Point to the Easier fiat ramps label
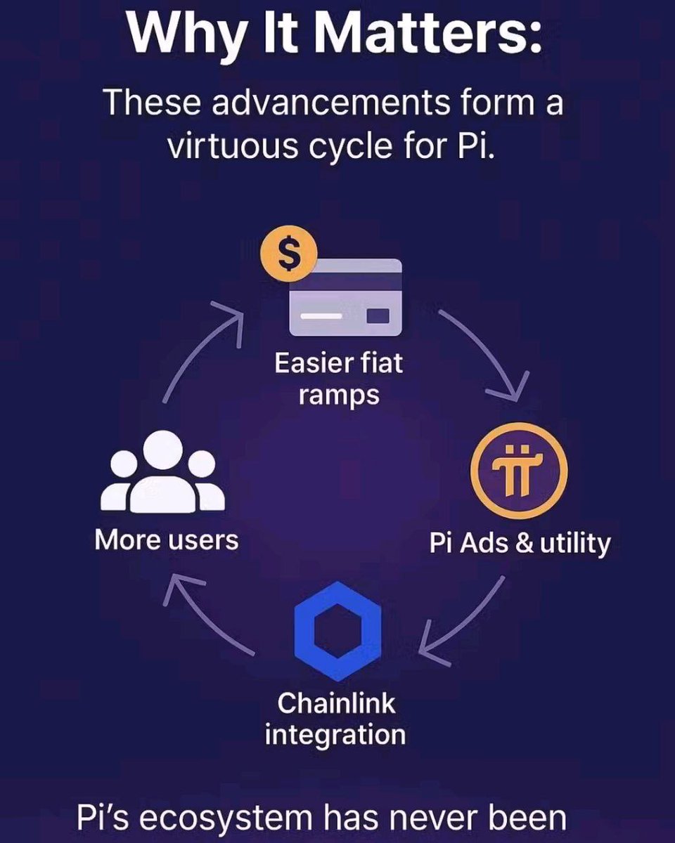(x=338, y=379)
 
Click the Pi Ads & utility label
(x=520, y=543)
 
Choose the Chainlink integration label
(x=335, y=719)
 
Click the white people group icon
(x=162, y=472)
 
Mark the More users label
(x=167, y=540)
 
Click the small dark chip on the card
(x=378, y=315)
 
